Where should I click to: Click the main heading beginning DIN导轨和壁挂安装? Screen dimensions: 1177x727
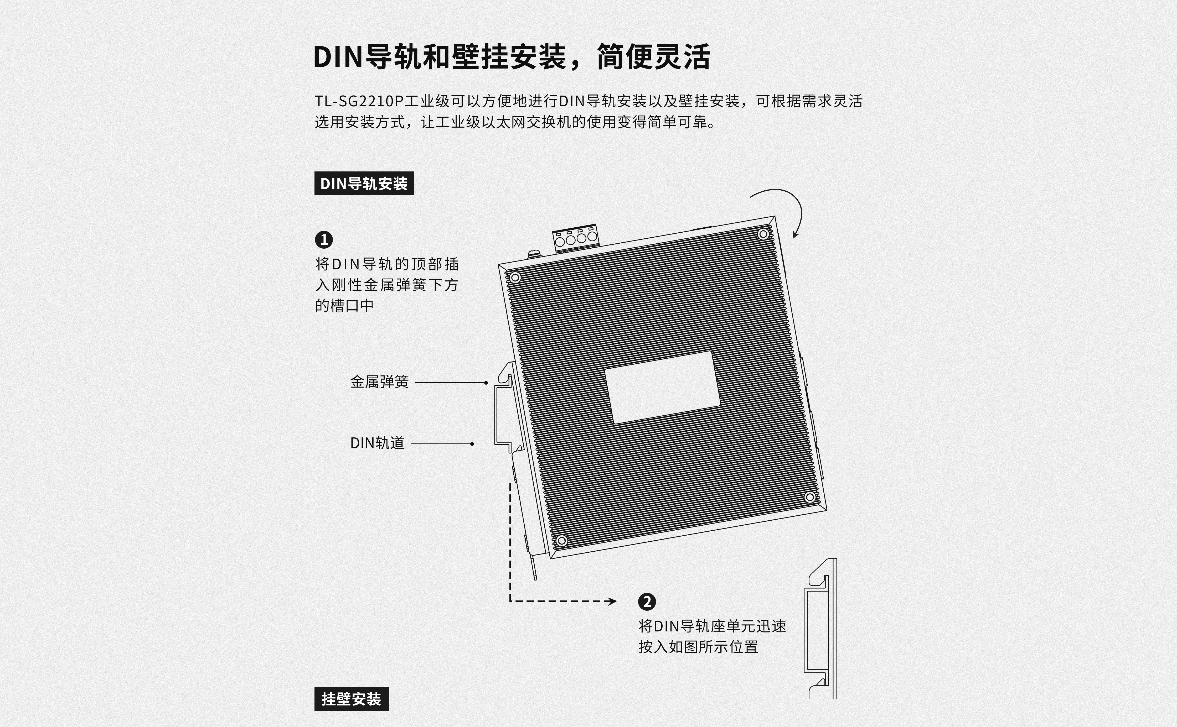click(512, 57)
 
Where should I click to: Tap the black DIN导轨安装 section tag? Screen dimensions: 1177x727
click(364, 183)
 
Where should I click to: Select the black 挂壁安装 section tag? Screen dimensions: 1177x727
click(352, 699)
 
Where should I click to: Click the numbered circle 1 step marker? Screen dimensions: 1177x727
click(324, 239)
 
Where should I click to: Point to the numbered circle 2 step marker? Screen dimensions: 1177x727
click(647, 602)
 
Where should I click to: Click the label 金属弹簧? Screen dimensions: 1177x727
click(380, 382)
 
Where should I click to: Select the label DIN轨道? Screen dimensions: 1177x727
click(377, 443)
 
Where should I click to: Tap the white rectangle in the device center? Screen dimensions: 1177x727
click(662, 387)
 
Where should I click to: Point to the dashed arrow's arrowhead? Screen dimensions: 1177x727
click(613, 601)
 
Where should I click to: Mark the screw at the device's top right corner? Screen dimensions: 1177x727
click(763, 234)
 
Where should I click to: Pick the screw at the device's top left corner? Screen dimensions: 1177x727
click(515, 278)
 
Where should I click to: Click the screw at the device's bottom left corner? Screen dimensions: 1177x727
click(561, 540)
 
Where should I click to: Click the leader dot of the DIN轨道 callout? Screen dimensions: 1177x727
click(472, 444)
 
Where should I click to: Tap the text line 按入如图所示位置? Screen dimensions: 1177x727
click(698, 647)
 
